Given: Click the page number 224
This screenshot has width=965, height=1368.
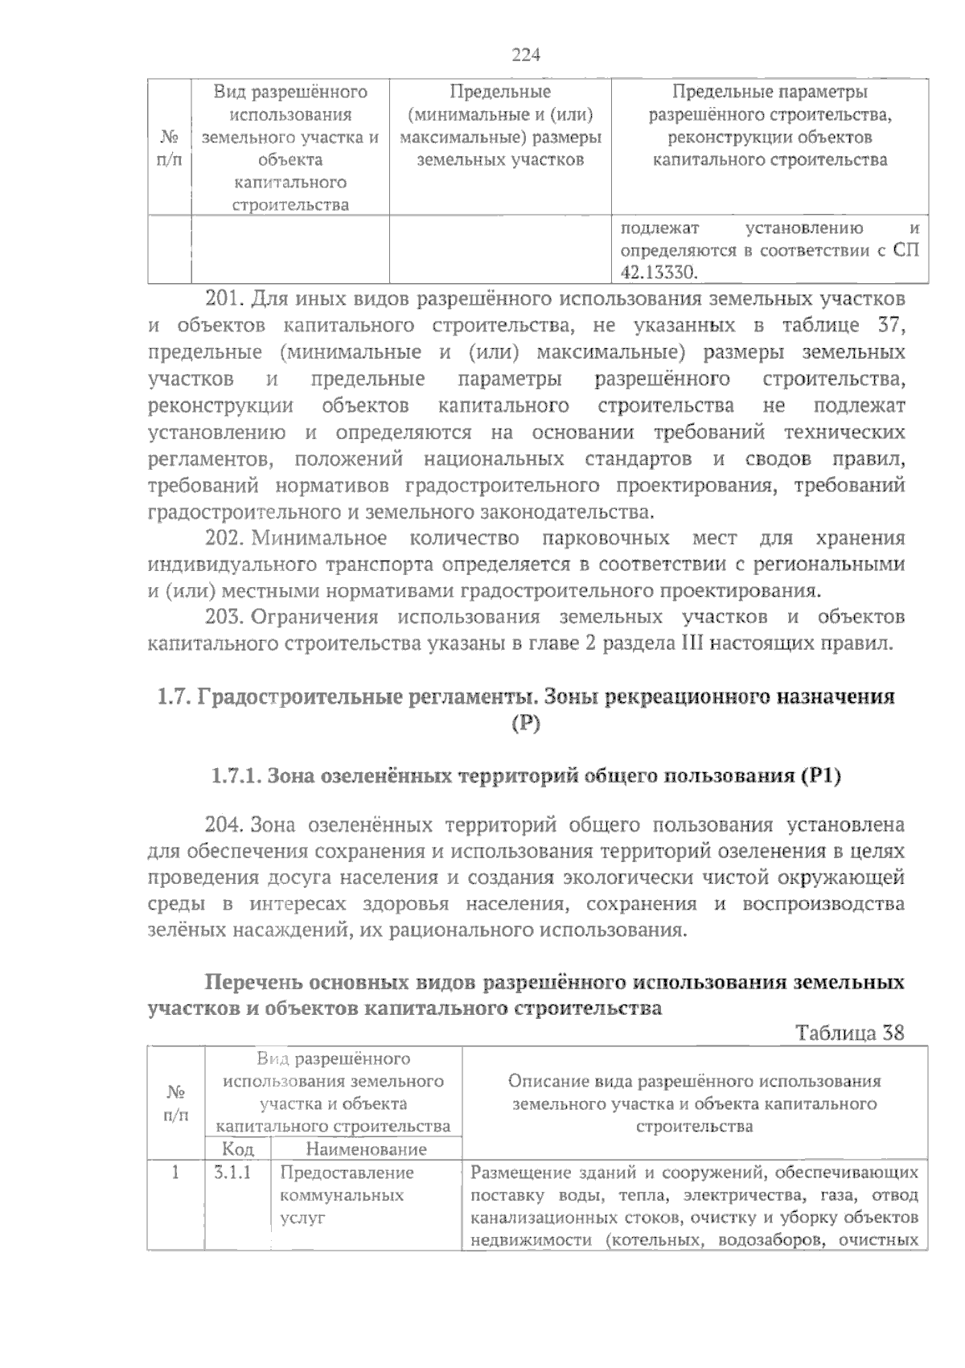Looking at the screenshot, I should point(526,55).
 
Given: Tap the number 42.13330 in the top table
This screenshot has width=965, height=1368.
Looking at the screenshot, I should point(657,273).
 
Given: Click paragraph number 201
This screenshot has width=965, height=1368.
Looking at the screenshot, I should point(224,300).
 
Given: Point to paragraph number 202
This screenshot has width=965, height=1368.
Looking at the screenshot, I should point(224,538).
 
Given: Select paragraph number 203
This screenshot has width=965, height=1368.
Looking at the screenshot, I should point(224,617).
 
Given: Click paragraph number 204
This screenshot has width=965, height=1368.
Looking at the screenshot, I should point(224,825).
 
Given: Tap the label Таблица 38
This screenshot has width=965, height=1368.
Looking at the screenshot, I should point(850,1033).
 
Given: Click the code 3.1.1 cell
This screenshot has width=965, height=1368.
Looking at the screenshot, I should point(233,1173).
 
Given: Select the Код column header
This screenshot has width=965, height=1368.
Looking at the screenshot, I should point(238,1149).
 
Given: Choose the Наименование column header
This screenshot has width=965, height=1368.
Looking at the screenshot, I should point(366,1149).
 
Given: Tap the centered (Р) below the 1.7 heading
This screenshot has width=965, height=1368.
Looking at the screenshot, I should point(527,724).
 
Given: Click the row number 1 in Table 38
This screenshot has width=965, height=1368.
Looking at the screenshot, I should point(175,1173).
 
